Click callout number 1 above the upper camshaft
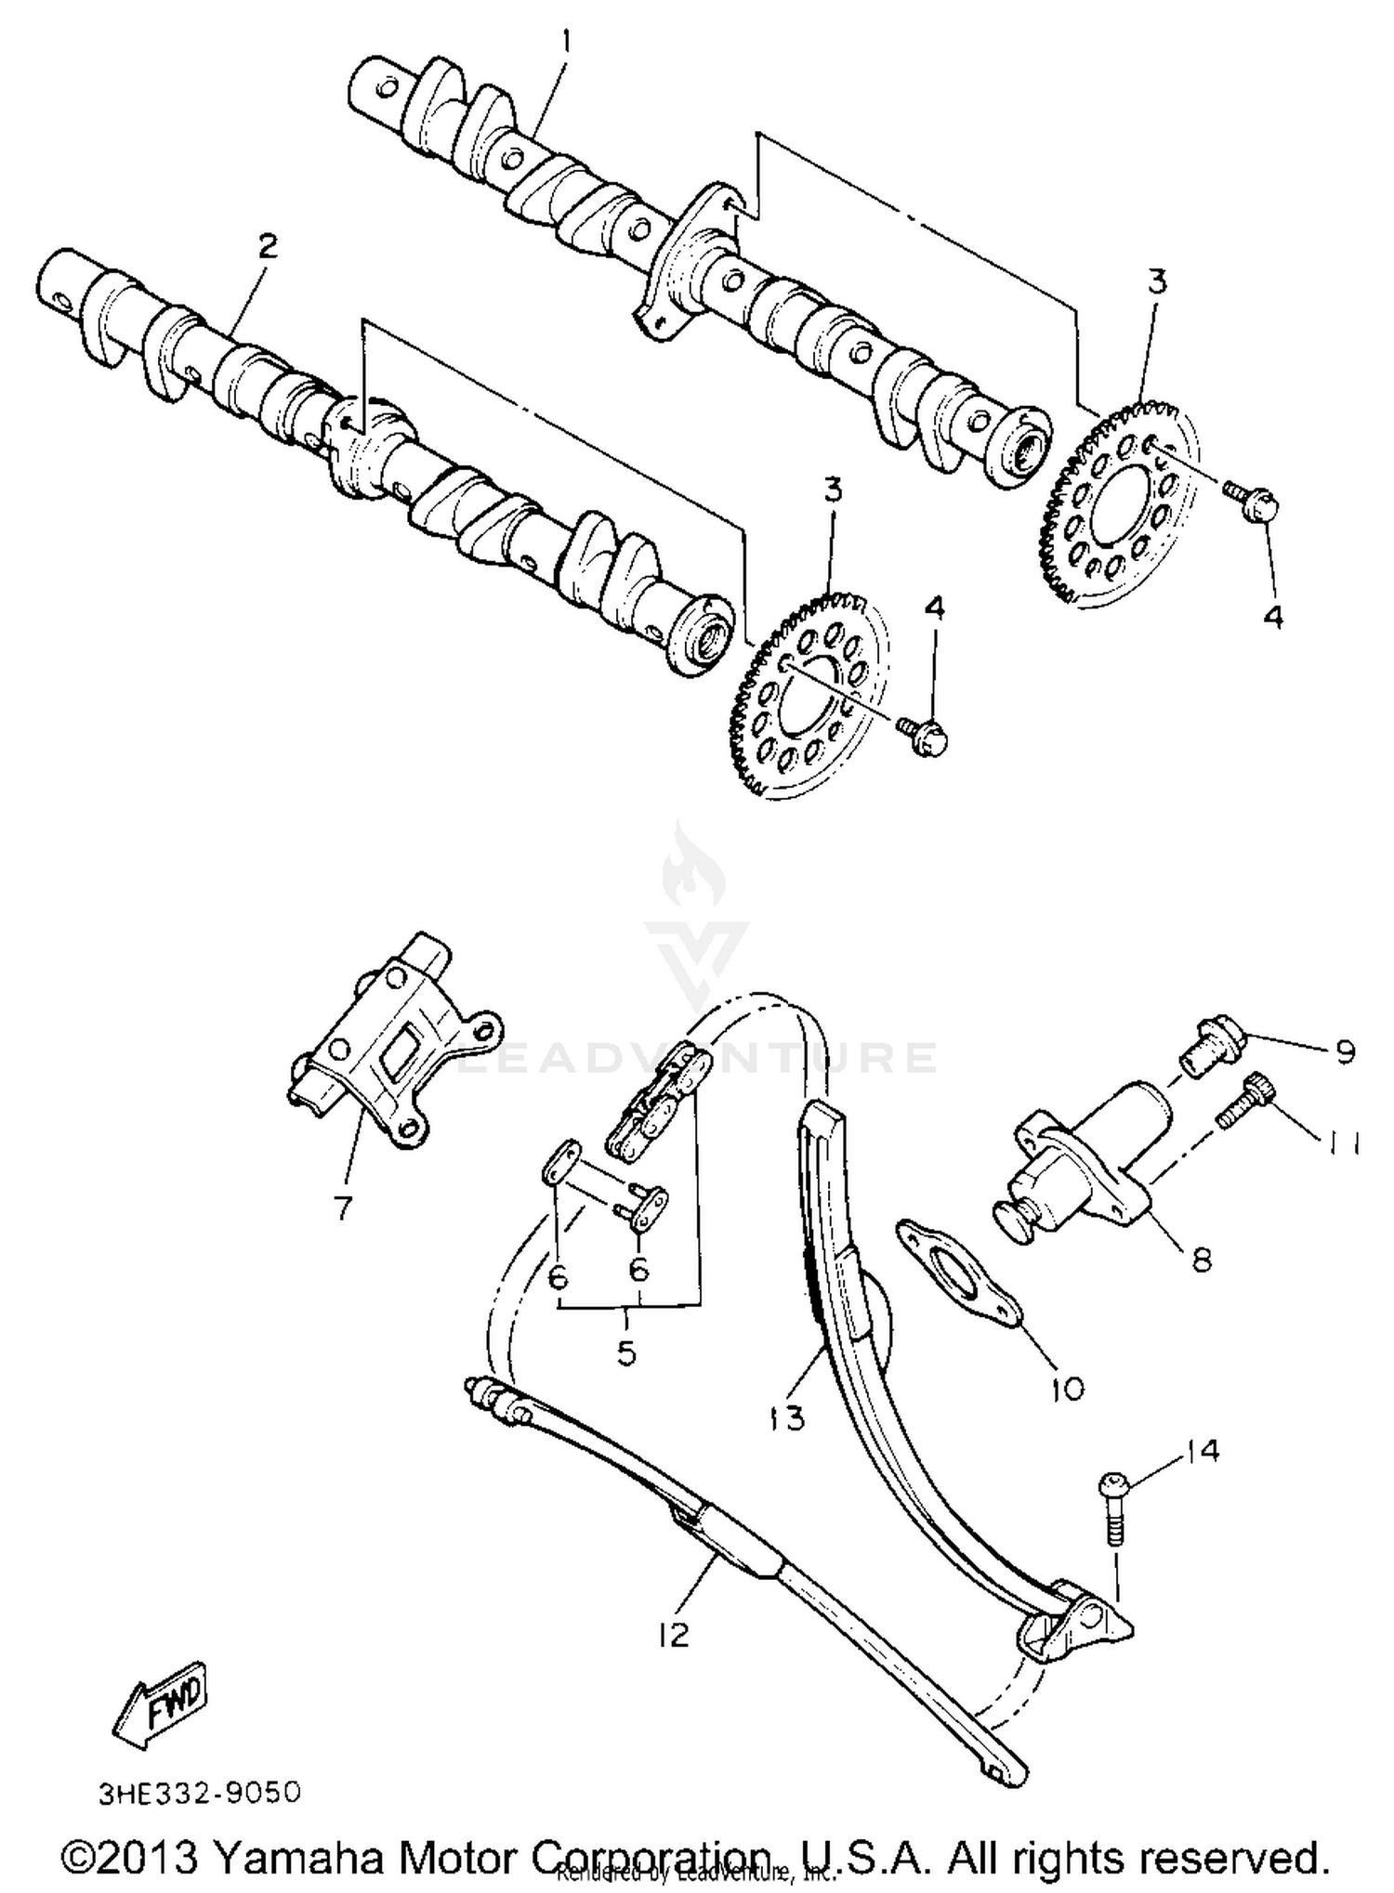[568, 43]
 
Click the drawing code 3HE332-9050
[200, 1793]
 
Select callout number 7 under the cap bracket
[343, 1208]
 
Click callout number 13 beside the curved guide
[786, 1419]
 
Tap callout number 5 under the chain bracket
[627, 1353]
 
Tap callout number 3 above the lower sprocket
[832, 490]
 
